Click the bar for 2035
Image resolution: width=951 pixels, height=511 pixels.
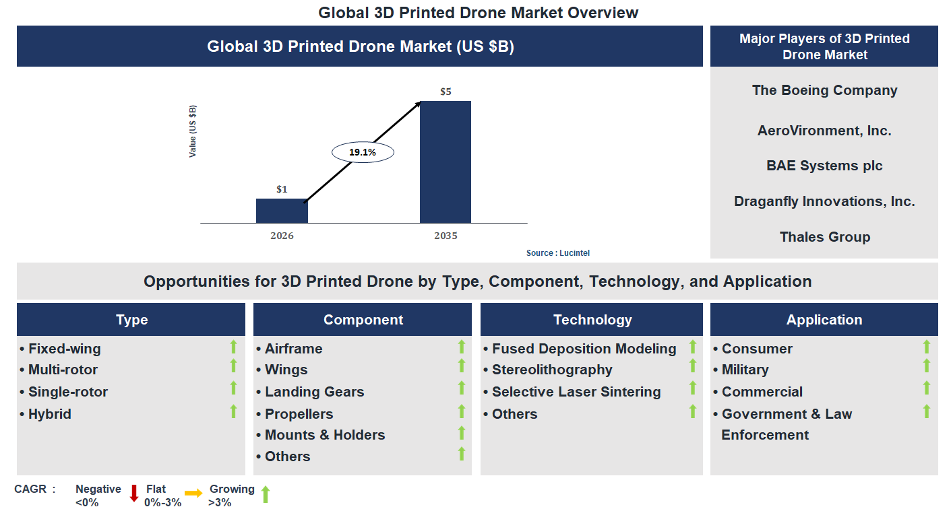coord(445,162)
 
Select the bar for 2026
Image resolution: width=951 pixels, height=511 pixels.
coord(282,211)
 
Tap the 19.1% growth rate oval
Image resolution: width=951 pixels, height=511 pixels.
coord(363,152)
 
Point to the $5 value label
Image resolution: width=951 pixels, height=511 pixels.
coord(446,92)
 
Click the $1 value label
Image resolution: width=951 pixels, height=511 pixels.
coord(282,189)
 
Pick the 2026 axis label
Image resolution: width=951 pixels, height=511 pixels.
coord(282,236)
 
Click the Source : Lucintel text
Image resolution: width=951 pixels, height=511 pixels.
coord(558,253)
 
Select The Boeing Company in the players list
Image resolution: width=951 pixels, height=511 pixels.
coord(824,90)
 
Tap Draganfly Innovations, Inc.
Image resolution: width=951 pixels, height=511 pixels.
coord(824,201)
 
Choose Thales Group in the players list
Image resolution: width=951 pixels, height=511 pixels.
coord(824,237)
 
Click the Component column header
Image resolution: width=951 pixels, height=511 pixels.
coord(363,320)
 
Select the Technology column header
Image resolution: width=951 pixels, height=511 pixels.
coord(592,320)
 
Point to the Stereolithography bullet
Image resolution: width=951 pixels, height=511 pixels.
coord(552,370)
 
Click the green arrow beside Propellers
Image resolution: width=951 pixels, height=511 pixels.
coord(462,411)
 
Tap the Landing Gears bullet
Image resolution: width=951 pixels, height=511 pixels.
coord(314,392)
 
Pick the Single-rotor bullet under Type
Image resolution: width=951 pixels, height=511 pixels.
coord(67,392)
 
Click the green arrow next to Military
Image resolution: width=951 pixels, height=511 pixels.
coord(927,366)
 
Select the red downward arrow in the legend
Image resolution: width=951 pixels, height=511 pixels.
coord(133,493)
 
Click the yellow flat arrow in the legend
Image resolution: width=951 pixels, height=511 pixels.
coord(193,493)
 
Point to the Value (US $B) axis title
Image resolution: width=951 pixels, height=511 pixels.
coord(193,131)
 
